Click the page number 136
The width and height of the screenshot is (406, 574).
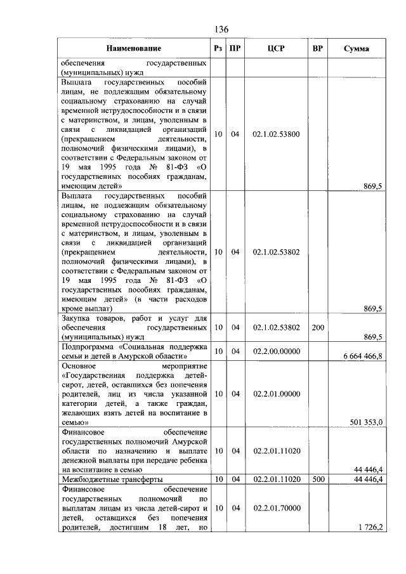click(x=221, y=29)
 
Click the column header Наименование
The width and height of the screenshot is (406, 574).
click(x=133, y=48)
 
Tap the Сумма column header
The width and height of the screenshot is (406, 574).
click(x=357, y=49)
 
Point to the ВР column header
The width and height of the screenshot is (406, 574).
click(x=317, y=48)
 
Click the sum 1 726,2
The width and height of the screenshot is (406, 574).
click(x=370, y=527)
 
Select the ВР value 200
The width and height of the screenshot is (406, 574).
click(x=317, y=327)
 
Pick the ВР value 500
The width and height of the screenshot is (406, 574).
click(x=317, y=479)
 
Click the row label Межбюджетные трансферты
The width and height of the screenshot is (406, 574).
click(x=112, y=479)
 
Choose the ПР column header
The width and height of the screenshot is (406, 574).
click(x=235, y=48)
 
